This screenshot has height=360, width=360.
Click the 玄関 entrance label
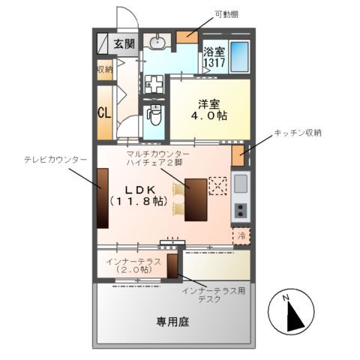(124, 43)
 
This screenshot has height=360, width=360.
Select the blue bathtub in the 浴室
(240, 55)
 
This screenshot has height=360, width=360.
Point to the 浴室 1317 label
(214, 58)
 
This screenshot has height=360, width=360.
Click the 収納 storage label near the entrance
(104, 70)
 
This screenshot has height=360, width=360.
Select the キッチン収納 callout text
(298, 133)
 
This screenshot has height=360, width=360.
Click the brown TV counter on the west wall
(102, 196)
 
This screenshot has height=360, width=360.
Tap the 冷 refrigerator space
(241, 235)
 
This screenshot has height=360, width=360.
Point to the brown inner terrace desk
(172, 266)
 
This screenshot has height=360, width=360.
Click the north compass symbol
(289, 312)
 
